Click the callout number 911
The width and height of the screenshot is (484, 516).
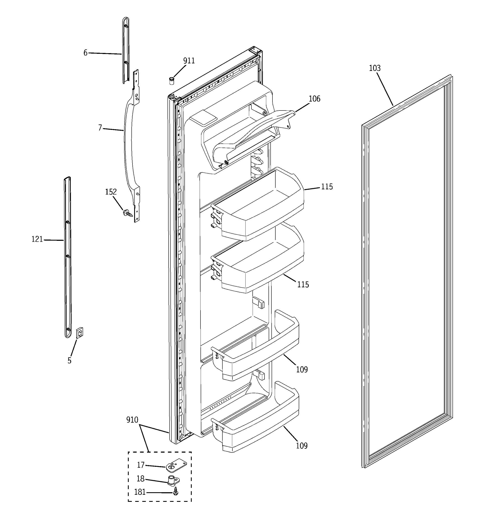click(x=189, y=61)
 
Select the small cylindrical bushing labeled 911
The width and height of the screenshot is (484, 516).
click(x=171, y=81)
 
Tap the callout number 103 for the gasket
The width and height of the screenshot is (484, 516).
click(x=375, y=68)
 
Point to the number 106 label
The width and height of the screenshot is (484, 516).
click(x=314, y=99)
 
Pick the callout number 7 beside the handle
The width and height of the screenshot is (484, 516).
click(x=100, y=128)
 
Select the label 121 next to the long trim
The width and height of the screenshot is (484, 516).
click(x=37, y=239)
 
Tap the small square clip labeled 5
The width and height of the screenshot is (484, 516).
click(x=80, y=333)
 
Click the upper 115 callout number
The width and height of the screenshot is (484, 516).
click(x=326, y=187)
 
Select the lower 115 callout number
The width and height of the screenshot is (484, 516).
click(x=303, y=285)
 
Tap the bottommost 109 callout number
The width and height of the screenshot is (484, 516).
click(x=302, y=446)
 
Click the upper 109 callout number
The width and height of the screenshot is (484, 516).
click(x=302, y=370)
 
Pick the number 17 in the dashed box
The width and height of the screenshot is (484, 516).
click(x=141, y=465)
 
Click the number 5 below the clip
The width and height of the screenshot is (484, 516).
click(x=69, y=360)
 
